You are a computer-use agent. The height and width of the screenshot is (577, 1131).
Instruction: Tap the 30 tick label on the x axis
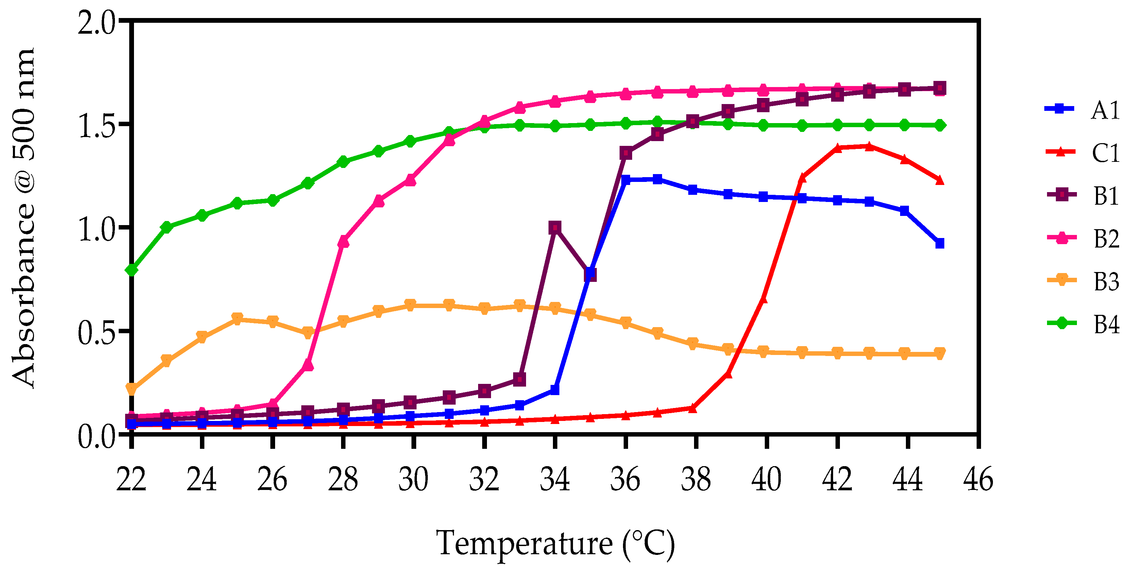pos(413,479)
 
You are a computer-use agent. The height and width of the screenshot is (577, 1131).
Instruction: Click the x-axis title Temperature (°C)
pos(555,544)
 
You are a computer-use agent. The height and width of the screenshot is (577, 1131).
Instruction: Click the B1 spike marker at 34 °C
pos(555,227)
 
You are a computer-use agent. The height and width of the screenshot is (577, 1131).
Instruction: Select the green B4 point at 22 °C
pos(131,270)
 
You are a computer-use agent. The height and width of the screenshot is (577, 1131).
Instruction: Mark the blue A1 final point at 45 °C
pos(940,243)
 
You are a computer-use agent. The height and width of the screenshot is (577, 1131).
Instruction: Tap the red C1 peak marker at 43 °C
pos(869,146)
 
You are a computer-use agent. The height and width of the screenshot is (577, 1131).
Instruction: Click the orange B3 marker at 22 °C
pos(131,389)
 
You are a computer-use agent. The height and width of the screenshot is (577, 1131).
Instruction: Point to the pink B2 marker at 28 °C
pos(343,241)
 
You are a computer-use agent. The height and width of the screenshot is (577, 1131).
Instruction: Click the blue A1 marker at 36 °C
pos(626,180)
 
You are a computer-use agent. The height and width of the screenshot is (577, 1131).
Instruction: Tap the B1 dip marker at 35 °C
pos(591,275)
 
